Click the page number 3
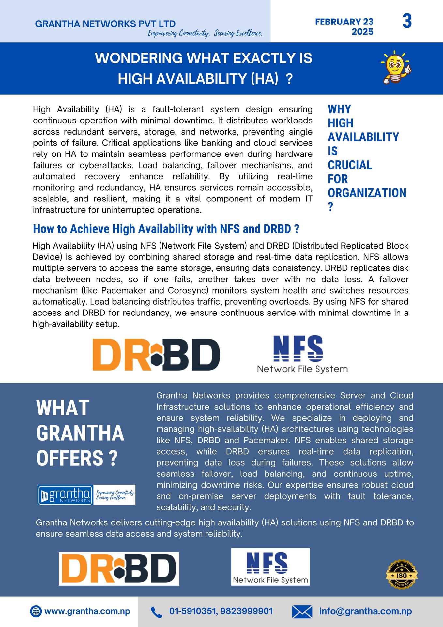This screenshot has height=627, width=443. pos(407,22)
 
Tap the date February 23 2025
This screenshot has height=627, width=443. pos(344,27)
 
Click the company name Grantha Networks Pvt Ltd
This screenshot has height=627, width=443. pos(105,24)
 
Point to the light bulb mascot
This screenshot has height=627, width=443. pos(396,67)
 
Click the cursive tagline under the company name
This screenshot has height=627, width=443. pos(205,33)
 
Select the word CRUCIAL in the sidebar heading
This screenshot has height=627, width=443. pos(350,165)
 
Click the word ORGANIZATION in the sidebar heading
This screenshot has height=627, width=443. pos(367,193)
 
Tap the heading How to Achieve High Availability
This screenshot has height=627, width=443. pos(166,229)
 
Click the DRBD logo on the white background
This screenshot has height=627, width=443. pos(156,355)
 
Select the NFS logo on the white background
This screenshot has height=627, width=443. pos(302,354)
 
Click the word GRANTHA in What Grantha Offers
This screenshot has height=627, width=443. pos(80,433)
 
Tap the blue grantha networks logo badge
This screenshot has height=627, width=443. pos(65,495)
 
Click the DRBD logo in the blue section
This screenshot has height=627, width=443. pos(119,569)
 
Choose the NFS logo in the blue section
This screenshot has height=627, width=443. pos(270,567)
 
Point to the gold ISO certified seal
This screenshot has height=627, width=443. pos(402,575)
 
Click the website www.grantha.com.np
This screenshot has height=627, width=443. pos(87,611)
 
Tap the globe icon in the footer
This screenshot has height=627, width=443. pos(36,611)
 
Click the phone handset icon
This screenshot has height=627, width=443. pos(157,612)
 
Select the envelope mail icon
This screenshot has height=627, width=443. pos(302,612)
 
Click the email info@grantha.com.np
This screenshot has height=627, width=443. pos(365,611)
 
